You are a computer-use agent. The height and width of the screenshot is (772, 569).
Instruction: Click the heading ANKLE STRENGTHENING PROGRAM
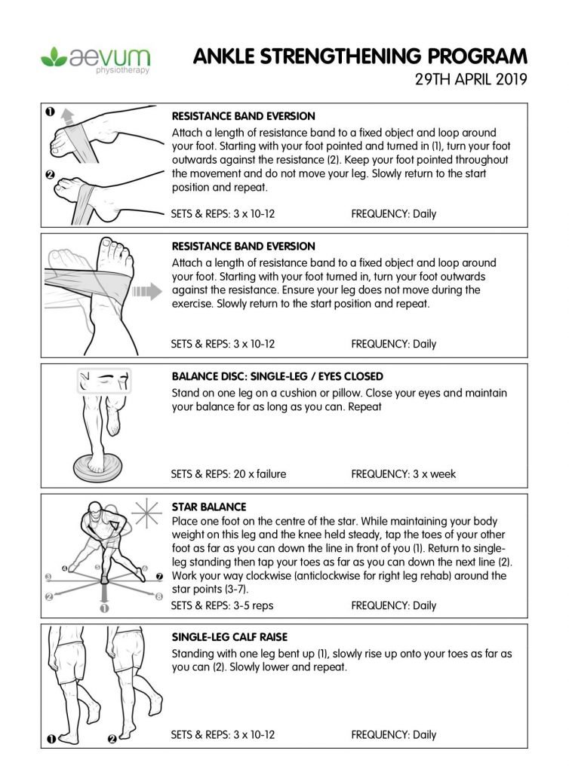point(359,57)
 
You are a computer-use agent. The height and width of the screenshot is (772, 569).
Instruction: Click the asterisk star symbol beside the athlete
point(143,513)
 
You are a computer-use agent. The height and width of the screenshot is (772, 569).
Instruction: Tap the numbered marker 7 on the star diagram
point(158,577)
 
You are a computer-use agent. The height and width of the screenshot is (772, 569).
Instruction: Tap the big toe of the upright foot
point(97,243)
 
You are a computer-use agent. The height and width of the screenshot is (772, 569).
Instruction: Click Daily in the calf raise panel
point(424,734)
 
